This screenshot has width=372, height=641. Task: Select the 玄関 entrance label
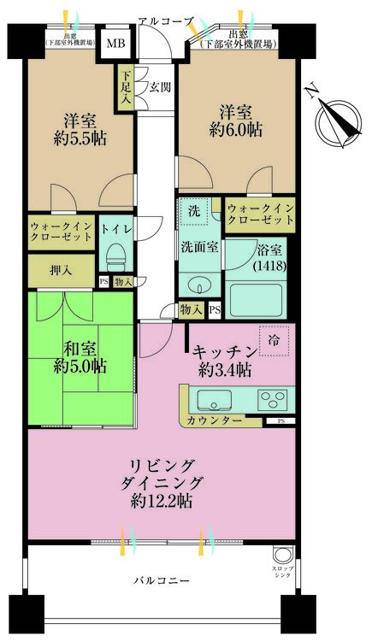click(160, 87)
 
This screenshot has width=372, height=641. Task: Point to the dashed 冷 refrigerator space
click(275, 339)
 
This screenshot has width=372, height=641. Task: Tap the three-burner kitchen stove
click(274, 399)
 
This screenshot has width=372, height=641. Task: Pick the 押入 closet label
click(60, 270)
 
